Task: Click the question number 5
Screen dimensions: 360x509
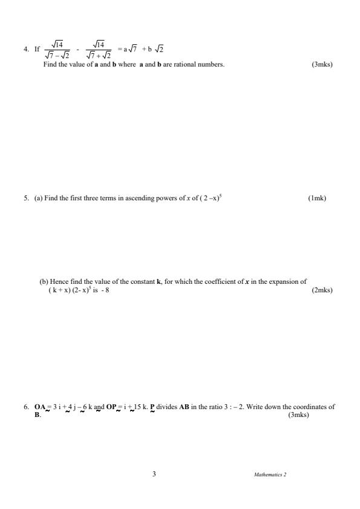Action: point(26,197)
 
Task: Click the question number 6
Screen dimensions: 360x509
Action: point(26,407)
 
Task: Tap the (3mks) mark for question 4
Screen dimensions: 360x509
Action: point(322,64)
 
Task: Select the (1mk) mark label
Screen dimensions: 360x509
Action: point(316,197)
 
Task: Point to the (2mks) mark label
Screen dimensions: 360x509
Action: point(321,290)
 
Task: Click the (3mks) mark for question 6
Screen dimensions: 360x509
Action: point(298,415)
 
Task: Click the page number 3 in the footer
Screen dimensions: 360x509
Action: point(154,474)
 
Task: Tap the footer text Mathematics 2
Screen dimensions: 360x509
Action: point(270,475)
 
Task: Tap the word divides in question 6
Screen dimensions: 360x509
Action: point(165,407)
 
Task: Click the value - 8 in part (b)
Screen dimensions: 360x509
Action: point(105,290)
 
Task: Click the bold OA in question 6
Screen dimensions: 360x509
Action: point(40,407)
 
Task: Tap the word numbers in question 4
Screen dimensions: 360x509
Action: point(209,64)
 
